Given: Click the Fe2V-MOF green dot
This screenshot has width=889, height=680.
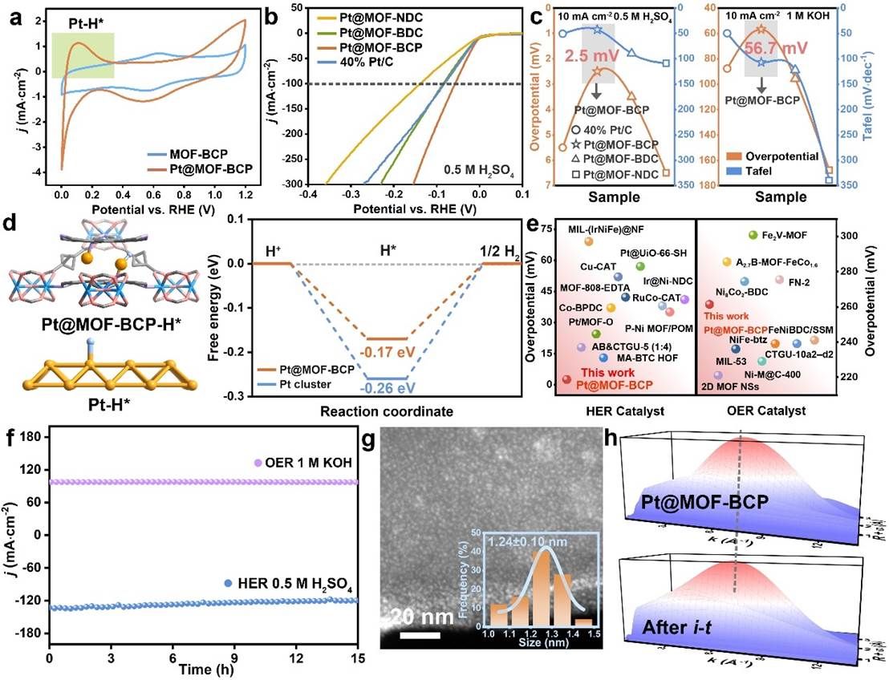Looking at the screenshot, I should tap(753, 234).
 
